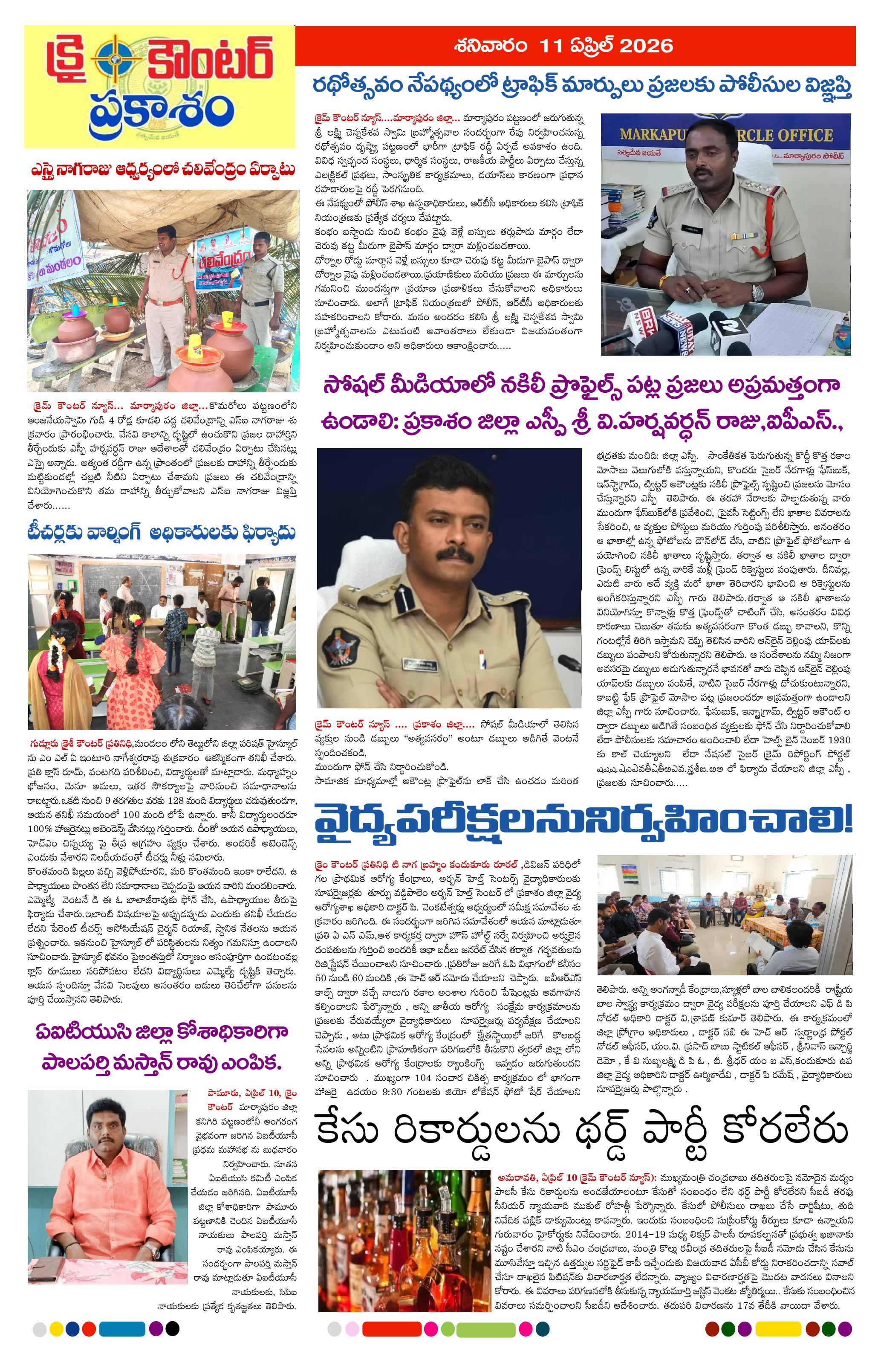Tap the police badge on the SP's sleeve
pos(343,649)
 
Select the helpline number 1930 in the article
pos(834,739)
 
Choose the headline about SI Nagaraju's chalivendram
pos(163,170)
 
